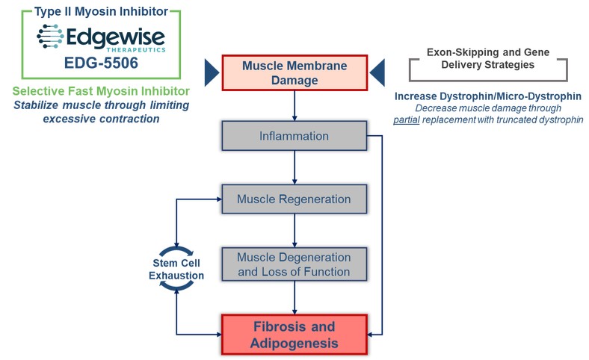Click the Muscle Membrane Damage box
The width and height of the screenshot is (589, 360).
294,72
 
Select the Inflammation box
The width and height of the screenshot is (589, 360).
294,137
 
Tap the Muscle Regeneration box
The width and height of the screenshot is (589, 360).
294,199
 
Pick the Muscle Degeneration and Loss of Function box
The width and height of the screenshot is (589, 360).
294,264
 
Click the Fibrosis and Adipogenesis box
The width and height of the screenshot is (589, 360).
294,334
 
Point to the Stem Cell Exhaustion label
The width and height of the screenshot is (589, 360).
176,270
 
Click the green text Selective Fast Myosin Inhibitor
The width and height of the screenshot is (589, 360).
100,91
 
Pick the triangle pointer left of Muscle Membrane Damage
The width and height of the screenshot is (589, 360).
212,72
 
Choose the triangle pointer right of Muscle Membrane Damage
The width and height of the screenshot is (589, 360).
378,72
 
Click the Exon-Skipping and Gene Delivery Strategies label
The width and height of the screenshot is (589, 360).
488,60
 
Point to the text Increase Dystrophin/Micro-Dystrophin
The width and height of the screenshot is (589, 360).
488,96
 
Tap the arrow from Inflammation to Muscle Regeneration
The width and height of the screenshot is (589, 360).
294,169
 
